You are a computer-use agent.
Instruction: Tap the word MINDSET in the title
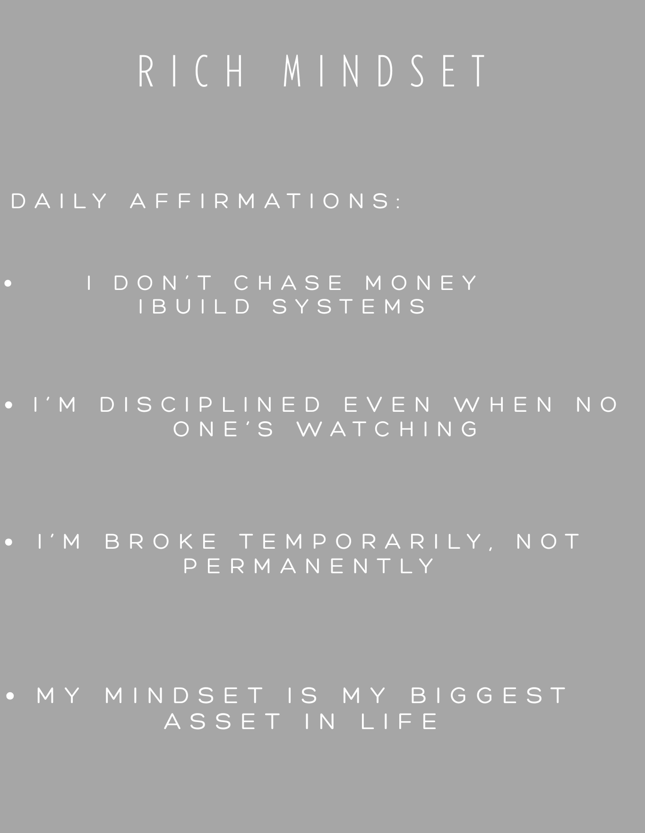coord(385,71)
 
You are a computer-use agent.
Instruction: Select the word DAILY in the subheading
coord(59,201)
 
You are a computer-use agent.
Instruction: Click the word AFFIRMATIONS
coord(266,201)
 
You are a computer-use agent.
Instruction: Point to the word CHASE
coord(288,283)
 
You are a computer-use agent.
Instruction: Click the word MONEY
coord(421,283)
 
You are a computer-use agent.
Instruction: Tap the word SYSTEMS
coord(349,306)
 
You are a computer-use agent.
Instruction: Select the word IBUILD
coord(195,306)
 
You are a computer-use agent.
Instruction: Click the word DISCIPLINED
coord(210,404)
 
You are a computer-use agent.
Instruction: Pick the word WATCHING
coord(387,429)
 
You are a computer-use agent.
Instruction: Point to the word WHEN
coord(503,404)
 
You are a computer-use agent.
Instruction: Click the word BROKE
coord(161,541)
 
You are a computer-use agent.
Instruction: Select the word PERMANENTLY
coord(309,566)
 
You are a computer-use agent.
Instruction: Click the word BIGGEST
coord(489,695)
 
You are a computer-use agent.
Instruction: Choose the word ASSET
coord(223,721)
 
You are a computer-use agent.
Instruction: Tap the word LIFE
coord(399,721)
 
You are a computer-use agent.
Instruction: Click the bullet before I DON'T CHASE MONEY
coord(8,283)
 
